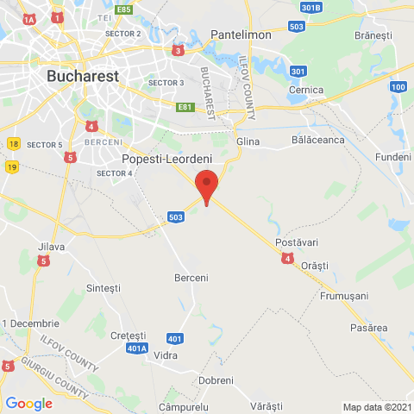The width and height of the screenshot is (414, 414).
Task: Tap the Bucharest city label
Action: [82, 76]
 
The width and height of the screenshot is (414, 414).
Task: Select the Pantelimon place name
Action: [241, 35]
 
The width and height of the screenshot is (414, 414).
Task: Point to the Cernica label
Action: [306, 90]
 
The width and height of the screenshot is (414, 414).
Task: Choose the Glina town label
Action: [248, 141]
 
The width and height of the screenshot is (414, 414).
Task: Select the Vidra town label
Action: [165, 354]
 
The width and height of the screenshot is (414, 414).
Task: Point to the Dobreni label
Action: [216, 380]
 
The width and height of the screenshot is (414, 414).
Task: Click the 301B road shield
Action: [311, 8]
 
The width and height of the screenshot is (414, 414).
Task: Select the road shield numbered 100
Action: [398, 87]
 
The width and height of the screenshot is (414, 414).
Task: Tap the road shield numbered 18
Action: [13, 144]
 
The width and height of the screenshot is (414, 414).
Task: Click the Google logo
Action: [28, 403]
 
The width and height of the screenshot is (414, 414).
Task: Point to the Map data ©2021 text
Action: [376, 407]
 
